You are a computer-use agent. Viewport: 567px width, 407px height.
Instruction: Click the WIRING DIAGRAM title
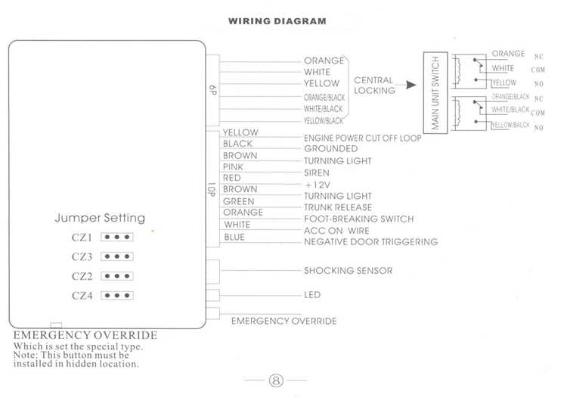pos(277,21)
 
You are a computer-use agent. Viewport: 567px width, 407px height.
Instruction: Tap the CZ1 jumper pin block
pos(116,238)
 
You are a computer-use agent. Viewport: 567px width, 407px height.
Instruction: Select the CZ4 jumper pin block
pos(116,296)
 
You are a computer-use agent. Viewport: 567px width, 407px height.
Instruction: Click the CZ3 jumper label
pos(82,257)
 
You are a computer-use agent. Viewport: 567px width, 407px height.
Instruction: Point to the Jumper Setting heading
pos(100,218)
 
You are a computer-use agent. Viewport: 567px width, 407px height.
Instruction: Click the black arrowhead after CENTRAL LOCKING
pos(411,85)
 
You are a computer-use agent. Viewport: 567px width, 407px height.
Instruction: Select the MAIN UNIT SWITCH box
pos(435,93)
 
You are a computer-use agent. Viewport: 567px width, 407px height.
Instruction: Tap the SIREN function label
pos(317,173)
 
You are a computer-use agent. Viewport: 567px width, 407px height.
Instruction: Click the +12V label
pos(318,185)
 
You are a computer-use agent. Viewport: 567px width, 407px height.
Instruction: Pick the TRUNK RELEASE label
pos(338,207)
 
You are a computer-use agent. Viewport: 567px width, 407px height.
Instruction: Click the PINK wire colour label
pos(233,166)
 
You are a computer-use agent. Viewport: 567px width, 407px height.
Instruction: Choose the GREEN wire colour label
pos(238,201)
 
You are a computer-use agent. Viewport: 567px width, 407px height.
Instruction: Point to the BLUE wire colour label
pos(234,237)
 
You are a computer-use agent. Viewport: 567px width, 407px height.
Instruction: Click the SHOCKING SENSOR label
pos(348,271)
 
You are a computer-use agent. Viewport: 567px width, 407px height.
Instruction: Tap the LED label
pos(312,295)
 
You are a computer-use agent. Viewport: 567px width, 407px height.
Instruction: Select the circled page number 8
pos(276,381)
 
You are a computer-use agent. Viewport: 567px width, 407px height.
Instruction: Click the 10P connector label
pos(212,189)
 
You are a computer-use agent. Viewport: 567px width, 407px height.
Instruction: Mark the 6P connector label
pos(212,90)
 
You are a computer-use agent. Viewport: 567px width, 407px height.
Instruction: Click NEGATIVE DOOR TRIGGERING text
pos(370,241)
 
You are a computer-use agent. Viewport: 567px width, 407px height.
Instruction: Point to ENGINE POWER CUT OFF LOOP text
pos(362,138)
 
